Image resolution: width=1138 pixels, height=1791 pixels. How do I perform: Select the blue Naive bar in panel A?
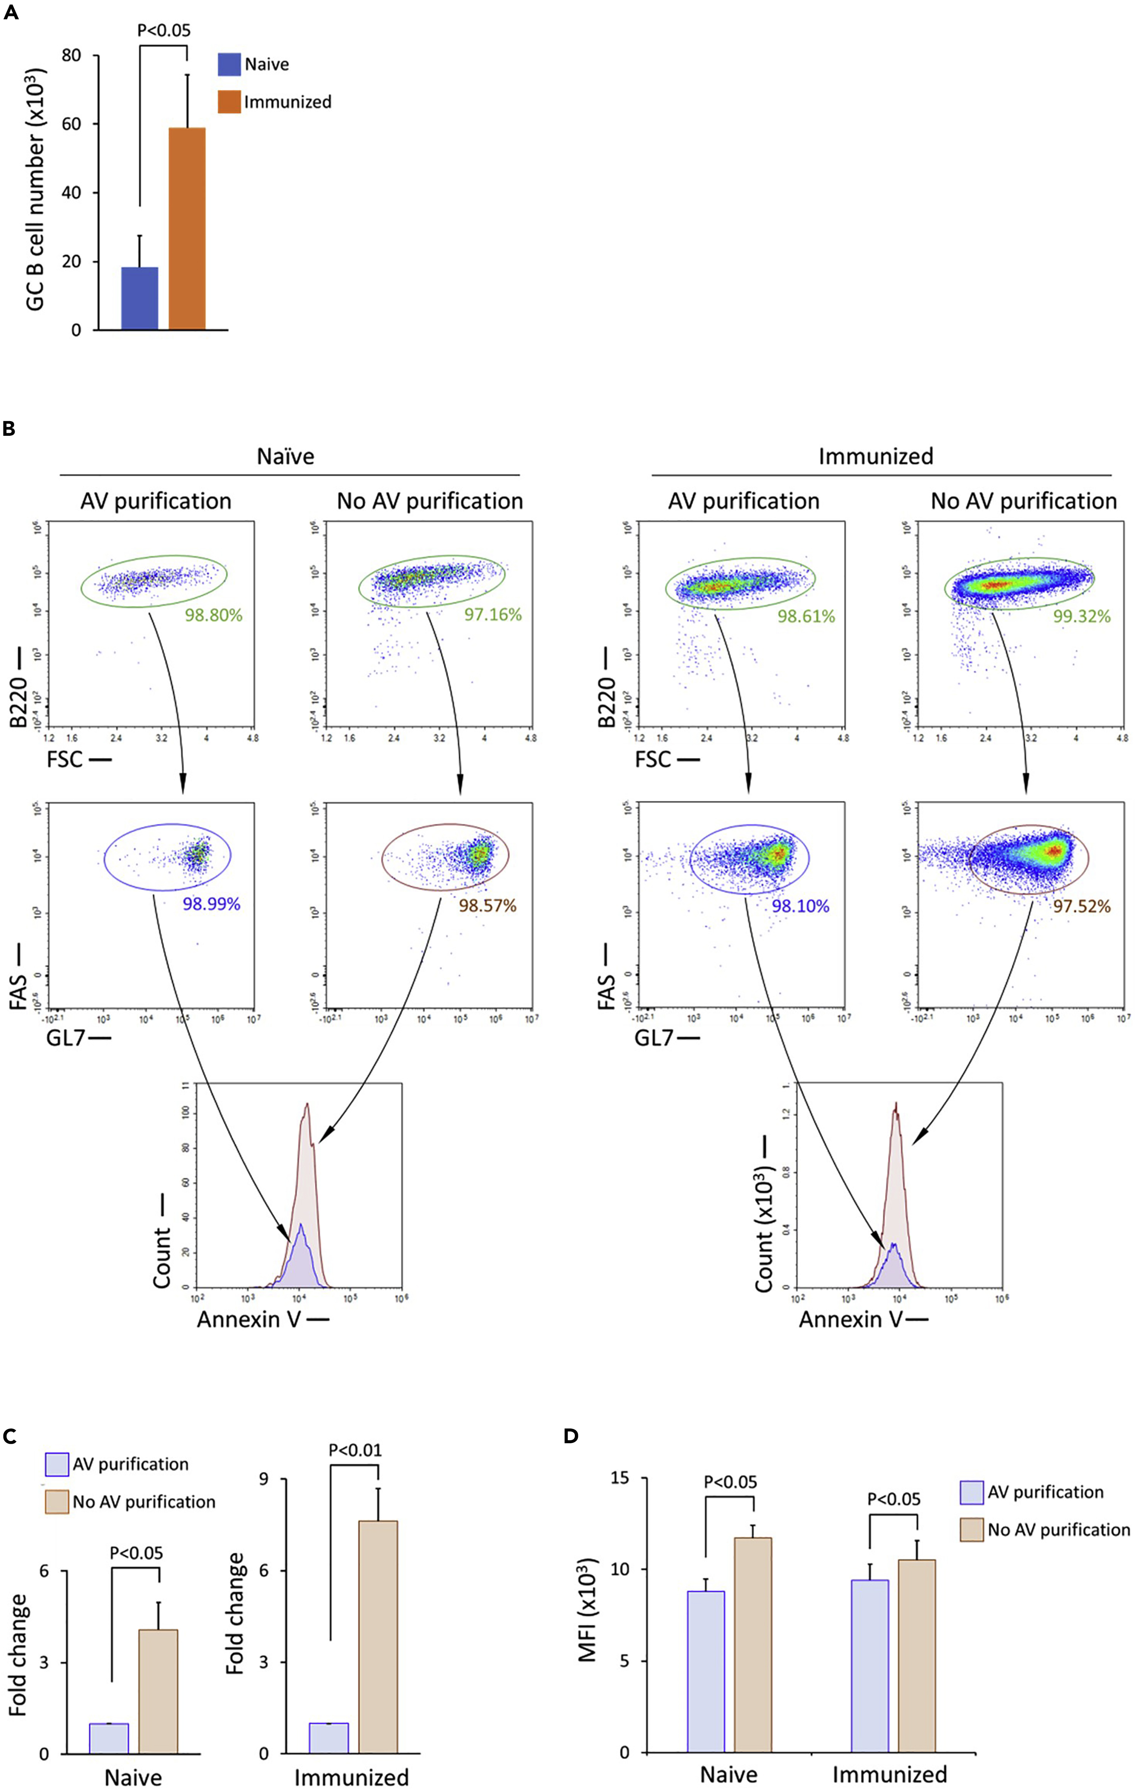coord(139,298)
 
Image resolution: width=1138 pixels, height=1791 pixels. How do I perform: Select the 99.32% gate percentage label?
coord(1081,616)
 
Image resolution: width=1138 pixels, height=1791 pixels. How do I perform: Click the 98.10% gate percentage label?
coord(800,906)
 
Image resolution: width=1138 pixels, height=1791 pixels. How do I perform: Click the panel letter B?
coord(9,429)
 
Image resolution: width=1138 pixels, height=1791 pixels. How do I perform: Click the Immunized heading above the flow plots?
coord(875,456)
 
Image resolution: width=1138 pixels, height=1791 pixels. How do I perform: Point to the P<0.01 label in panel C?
coord(355,1450)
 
